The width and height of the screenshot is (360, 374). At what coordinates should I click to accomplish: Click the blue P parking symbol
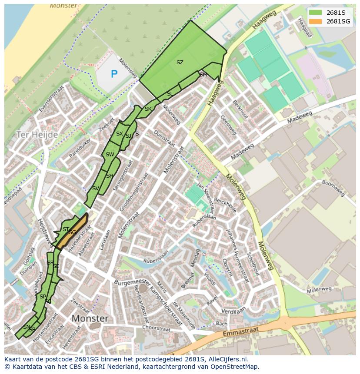pyautogui.click(x=114, y=74)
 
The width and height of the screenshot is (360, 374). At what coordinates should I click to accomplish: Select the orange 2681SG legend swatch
pyautogui.click(x=316, y=21)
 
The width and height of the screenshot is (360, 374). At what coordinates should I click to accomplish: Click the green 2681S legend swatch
pyautogui.click(x=316, y=12)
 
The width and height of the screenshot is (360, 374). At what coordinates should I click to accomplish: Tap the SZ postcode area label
pyautogui.click(x=180, y=63)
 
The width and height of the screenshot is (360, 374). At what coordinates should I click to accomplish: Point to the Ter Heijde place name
pyautogui.click(x=37, y=135)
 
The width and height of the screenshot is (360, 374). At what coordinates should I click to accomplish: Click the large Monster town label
pyautogui.click(x=90, y=318)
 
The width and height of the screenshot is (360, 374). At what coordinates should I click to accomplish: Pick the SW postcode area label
pyautogui.click(x=110, y=155)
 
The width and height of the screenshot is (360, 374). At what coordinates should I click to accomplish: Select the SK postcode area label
pyautogui.click(x=148, y=109)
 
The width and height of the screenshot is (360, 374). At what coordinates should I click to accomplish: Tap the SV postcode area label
pyautogui.click(x=96, y=189)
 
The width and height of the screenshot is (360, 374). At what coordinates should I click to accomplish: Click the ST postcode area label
pyautogui.click(x=66, y=229)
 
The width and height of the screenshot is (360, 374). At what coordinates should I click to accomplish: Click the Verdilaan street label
pyautogui.click(x=233, y=311)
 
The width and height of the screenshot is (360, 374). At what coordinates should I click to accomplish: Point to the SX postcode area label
pyautogui.click(x=119, y=134)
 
